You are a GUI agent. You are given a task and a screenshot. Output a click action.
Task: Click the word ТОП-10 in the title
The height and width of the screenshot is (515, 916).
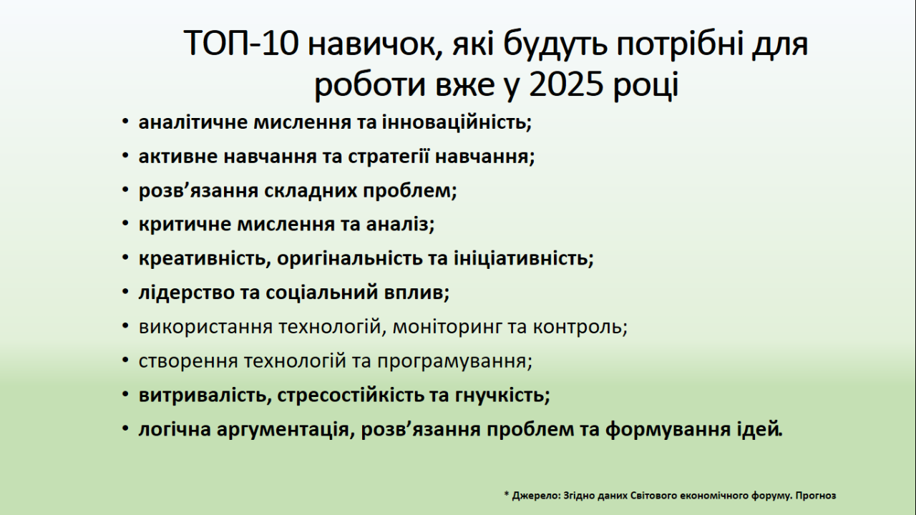coord(241,44)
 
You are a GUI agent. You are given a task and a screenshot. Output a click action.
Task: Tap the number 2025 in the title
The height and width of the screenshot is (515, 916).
coord(566,84)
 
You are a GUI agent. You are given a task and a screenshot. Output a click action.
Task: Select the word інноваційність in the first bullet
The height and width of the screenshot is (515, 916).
coord(457,122)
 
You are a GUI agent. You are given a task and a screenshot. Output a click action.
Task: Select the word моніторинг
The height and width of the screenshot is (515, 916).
coord(447,327)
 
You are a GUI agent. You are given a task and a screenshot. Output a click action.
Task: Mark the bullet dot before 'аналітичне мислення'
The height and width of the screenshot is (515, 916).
coord(125,122)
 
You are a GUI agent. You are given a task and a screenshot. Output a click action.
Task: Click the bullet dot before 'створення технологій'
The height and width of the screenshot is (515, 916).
coord(125,360)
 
